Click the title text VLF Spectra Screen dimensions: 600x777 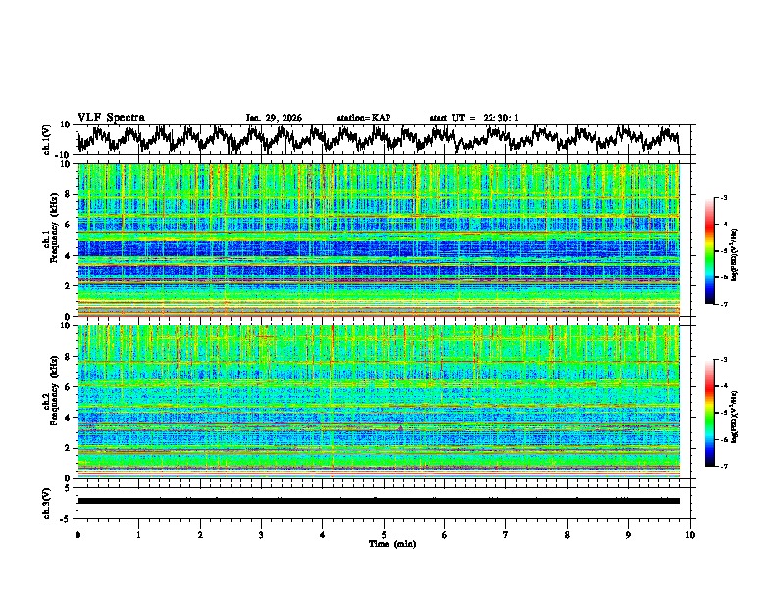tap(111, 117)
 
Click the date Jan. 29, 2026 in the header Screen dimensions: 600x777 tap(274, 118)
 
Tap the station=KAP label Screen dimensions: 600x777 tap(363, 118)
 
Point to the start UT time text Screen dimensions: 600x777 tap(474, 118)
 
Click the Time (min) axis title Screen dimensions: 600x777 tap(384, 543)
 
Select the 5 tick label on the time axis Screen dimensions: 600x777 tap(384, 534)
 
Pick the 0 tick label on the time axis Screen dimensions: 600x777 tap(78, 534)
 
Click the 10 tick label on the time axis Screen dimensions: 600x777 tap(690, 534)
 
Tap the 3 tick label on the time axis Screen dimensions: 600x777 tap(261, 534)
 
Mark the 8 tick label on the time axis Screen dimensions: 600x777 tap(567, 534)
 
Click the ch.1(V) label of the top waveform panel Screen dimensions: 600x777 tap(47, 139)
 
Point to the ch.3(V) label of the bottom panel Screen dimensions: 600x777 tap(47, 501)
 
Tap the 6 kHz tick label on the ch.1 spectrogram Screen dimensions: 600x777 tap(69, 225)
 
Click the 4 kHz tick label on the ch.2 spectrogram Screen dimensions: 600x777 tap(69, 418)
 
